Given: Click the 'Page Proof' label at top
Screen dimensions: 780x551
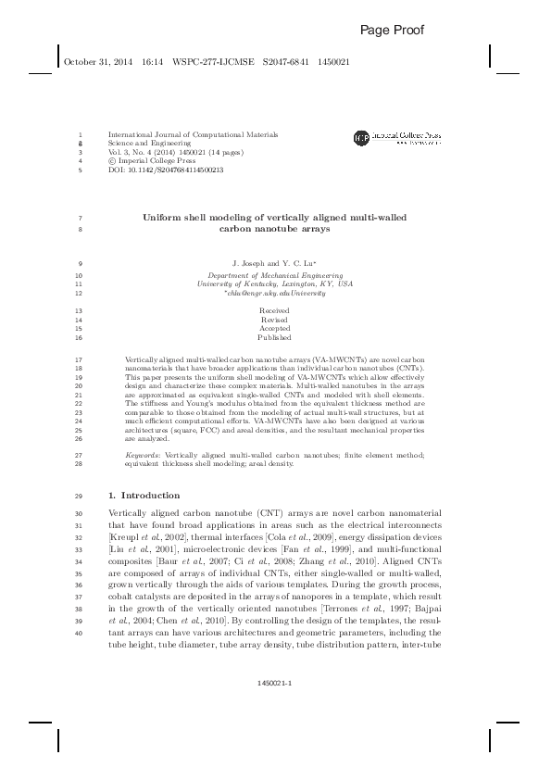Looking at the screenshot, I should coord(392,31).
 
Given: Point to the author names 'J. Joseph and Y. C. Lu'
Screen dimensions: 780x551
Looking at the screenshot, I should coord(274,264).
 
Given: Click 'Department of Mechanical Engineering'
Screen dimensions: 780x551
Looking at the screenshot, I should coord(275,275).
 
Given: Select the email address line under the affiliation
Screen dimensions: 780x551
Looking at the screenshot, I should coord(275,293).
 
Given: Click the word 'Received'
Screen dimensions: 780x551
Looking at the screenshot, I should coord(274,310).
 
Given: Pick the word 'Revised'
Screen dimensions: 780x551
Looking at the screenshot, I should coord(274,320).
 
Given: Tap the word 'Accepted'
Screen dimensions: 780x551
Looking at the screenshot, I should coord(274,329).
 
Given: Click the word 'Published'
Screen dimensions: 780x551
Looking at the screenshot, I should coord(274,338).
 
